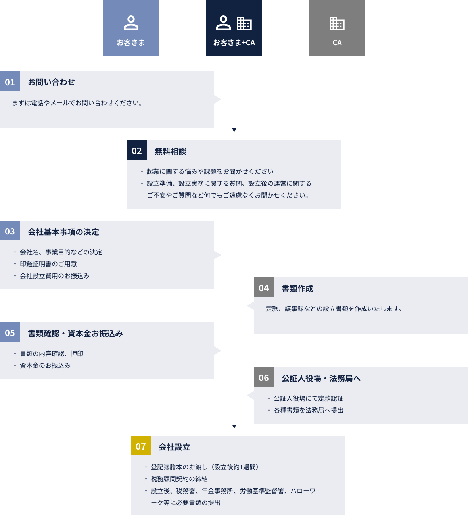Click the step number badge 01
10,82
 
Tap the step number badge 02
137,150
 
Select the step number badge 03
10,231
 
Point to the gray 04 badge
264,288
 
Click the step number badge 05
10,332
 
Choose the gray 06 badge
264,377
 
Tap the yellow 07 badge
141,446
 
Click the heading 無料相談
171,151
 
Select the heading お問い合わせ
51,82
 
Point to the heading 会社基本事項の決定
63,232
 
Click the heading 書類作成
297,288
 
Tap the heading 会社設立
175,447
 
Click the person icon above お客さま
131,23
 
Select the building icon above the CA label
337,23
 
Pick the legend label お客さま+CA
234,43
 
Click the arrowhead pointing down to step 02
234,130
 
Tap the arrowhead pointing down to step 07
234,427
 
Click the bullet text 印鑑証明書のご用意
48,264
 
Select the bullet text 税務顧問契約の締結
179,479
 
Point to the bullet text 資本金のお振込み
45,365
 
